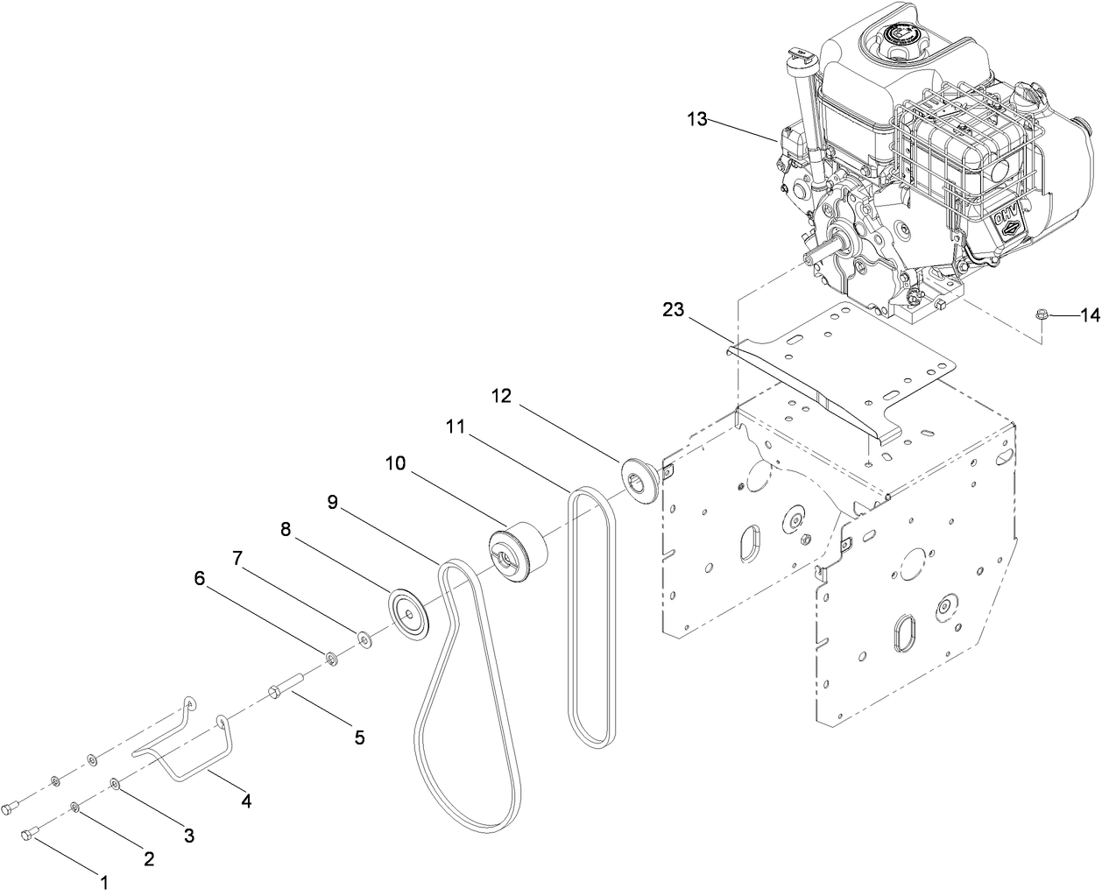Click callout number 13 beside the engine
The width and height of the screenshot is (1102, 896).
pyautogui.click(x=696, y=119)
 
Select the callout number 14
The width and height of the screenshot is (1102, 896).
pyautogui.click(x=1089, y=316)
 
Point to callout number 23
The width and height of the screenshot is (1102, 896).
pyautogui.click(x=673, y=308)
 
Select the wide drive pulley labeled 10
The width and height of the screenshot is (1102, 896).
pyautogui.click(x=518, y=550)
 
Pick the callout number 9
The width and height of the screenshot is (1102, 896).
pyautogui.click(x=333, y=502)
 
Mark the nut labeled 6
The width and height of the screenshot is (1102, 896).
pyautogui.click(x=333, y=656)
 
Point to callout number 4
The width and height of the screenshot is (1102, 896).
pyautogui.click(x=246, y=800)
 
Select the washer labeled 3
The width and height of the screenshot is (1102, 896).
pyautogui.click(x=116, y=782)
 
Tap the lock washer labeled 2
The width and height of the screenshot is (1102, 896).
pyautogui.click(x=75, y=807)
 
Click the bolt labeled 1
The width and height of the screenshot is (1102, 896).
pyautogui.click(x=29, y=834)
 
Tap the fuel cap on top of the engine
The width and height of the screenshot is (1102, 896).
pyautogui.click(x=901, y=38)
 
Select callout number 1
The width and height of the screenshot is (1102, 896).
pyautogui.click(x=104, y=883)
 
